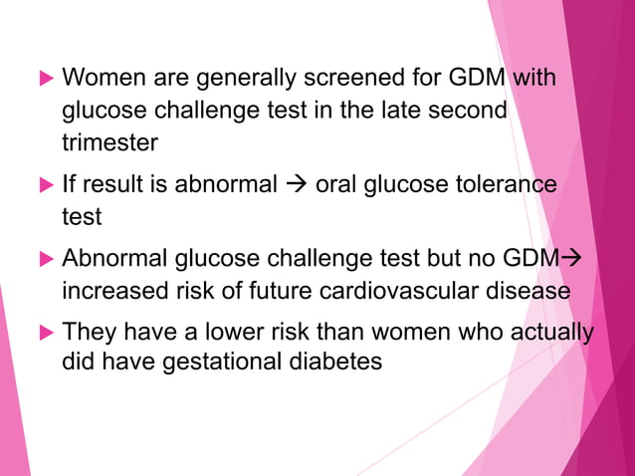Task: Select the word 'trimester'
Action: point(109,143)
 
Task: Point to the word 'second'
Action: point(468,111)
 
